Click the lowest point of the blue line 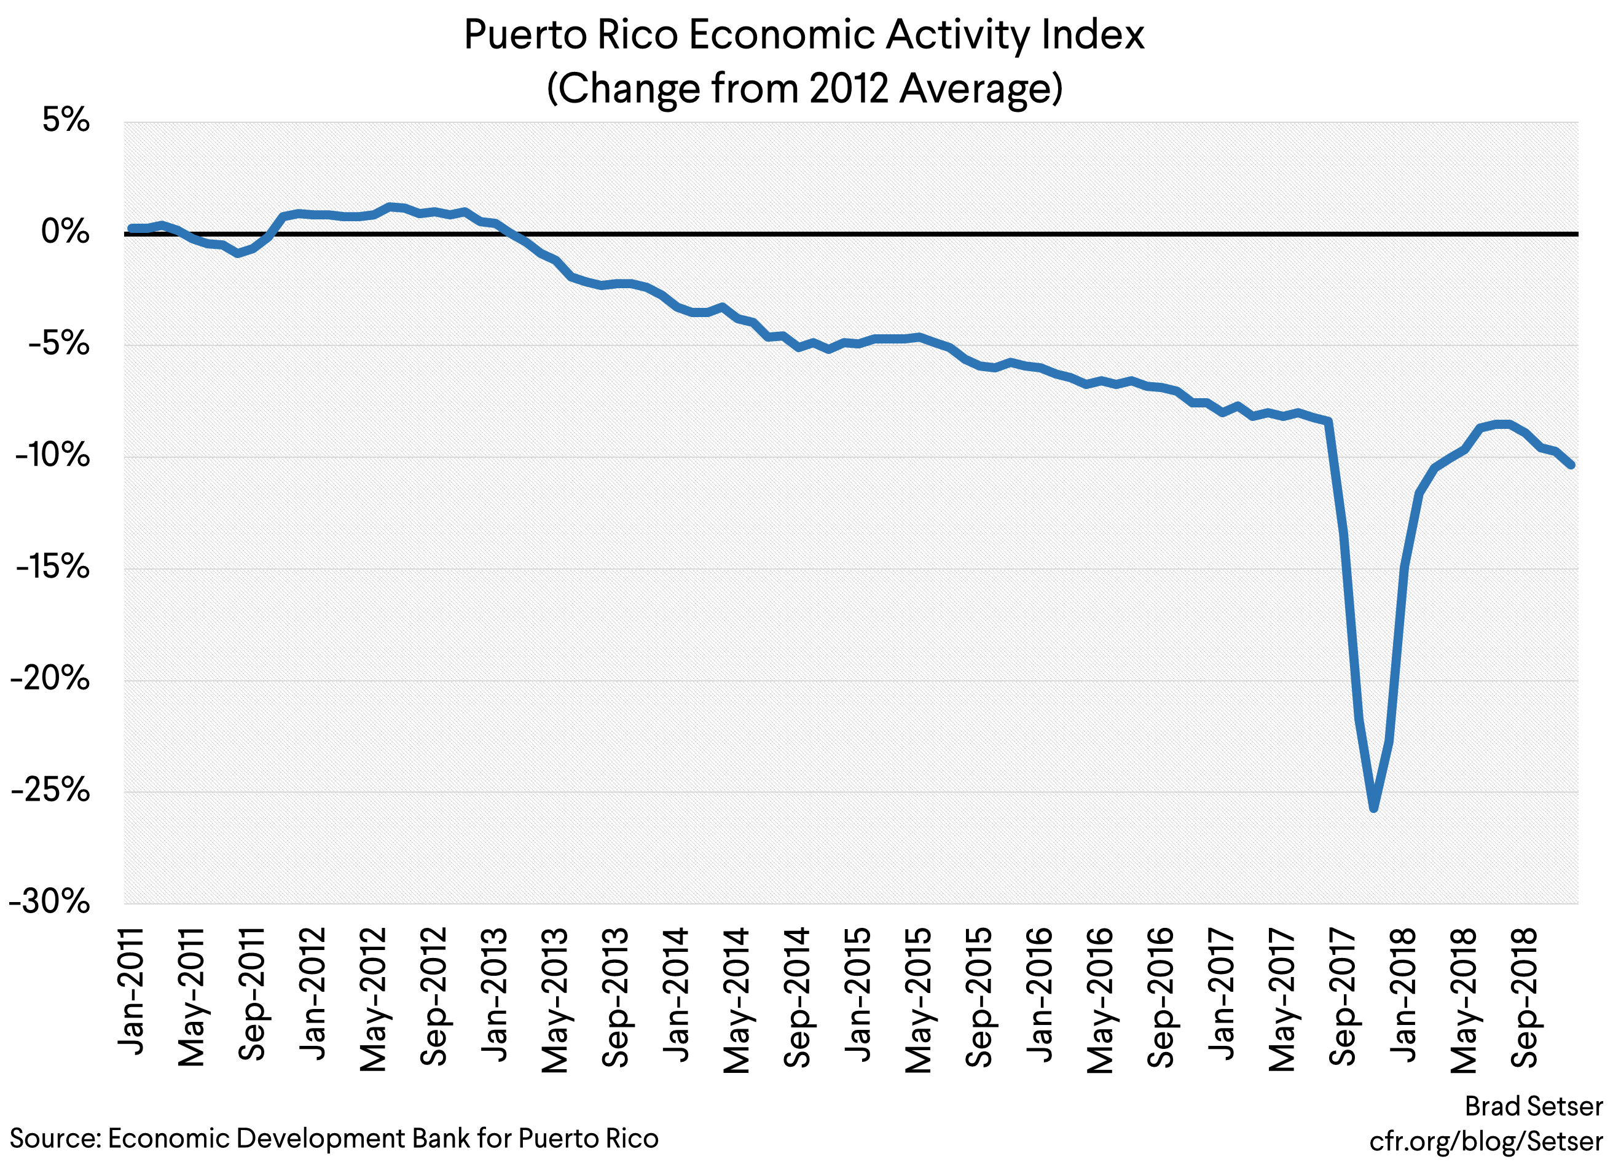(x=1373, y=809)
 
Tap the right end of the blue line (x=1571, y=465)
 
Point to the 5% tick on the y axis (x=65, y=120)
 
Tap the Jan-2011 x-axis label (x=131, y=991)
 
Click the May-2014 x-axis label (x=737, y=1000)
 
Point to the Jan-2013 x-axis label (x=495, y=994)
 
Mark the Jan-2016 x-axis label (x=1040, y=994)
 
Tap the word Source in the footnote (x=54, y=1139)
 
